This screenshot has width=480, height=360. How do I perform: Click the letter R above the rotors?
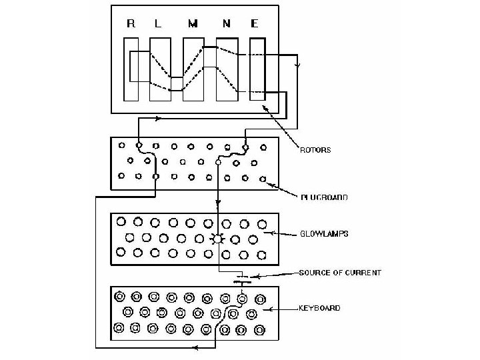click(131, 25)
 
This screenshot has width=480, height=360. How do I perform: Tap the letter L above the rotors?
click(158, 25)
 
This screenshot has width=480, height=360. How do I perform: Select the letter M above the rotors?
click(193, 25)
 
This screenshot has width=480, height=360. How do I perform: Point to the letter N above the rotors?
click(227, 25)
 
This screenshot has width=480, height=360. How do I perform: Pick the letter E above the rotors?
click(255, 25)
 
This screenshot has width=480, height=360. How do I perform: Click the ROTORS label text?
click(315, 151)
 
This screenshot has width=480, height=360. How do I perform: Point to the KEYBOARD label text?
click(319, 308)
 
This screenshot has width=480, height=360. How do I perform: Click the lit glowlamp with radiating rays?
click(217, 239)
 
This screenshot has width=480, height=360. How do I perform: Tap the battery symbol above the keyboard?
click(241, 279)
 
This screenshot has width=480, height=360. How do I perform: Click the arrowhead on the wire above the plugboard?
click(158, 119)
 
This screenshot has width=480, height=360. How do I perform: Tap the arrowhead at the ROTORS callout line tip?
click(265, 107)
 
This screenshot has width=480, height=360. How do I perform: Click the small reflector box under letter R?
click(135, 66)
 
